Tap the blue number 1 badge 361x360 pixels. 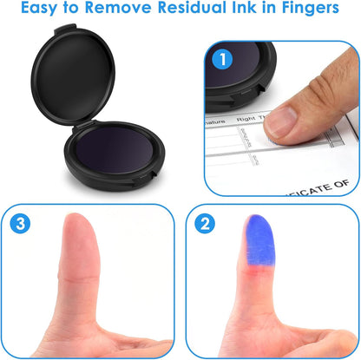(223, 61)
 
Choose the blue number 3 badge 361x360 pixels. (23, 224)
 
